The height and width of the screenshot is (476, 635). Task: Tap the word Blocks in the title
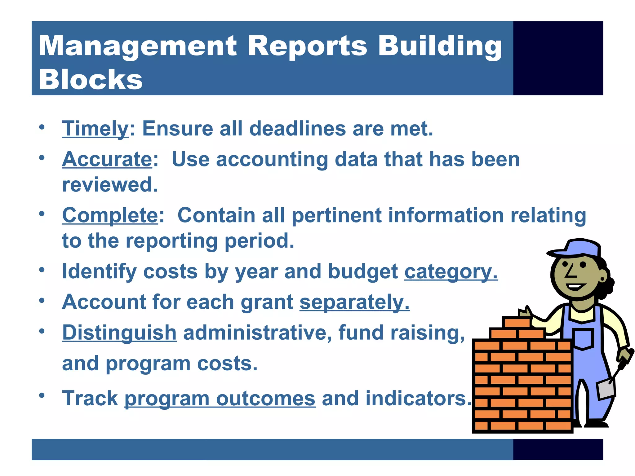pyautogui.click(x=91, y=80)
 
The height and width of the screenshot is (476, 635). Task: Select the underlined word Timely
pyautogui.click(x=95, y=128)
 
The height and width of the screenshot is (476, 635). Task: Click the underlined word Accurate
pyautogui.click(x=107, y=159)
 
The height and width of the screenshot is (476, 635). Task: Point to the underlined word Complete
pyautogui.click(x=110, y=215)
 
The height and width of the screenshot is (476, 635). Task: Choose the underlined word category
pyautogui.click(x=451, y=271)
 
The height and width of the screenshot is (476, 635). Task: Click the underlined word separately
pyautogui.click(x=354, y=302)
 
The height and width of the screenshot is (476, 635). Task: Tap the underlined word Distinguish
pyautogui.click(x=119, y=333)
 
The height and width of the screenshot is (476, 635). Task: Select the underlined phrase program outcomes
pyautogui.click(x=220, y=399)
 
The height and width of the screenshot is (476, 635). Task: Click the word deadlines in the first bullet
pyautogui.click(x=297, y=128)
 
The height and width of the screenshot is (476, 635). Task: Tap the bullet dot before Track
pyautogui.click(x=42, y=395)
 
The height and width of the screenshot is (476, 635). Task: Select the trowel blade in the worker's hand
pyautogui.click(x=606, y=389)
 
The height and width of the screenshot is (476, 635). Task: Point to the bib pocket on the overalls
pyautogui.click(x=583, y=339)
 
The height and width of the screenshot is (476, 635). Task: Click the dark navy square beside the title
pyautogui.click(x=558, y=58)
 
